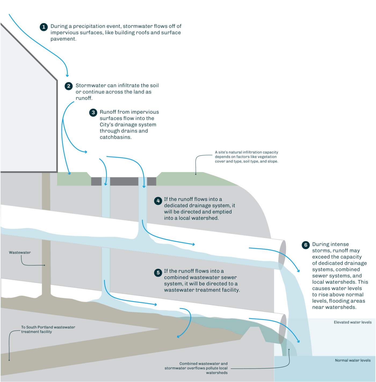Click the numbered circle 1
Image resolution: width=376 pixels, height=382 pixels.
click(x=44, y=27)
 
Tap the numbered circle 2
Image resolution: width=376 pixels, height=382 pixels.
click(x=68, y=86)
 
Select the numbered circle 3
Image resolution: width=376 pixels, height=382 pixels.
click(x=93, y=113)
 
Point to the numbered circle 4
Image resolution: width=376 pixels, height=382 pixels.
click(x=158, y=201)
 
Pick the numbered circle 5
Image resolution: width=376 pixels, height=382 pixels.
click(x=158, y=273)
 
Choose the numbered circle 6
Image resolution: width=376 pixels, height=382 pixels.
click(x=306, y=245)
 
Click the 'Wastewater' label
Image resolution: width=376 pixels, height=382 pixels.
click(x=20, y=253)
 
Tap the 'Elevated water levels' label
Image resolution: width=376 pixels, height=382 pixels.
click(x=353, y=322)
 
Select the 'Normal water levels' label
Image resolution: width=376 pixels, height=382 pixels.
click(x=353, y=360)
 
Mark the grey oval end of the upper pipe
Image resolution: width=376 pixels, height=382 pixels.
click(x=282, y=255)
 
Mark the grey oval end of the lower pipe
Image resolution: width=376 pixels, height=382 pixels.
click(x=283, y=329)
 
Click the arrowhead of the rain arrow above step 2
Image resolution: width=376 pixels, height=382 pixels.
click(x=67, y=75)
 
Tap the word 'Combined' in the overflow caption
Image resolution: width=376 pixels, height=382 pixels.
click(x=188, y=363)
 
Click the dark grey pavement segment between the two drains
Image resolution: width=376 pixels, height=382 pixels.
click(x=124, y=181)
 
